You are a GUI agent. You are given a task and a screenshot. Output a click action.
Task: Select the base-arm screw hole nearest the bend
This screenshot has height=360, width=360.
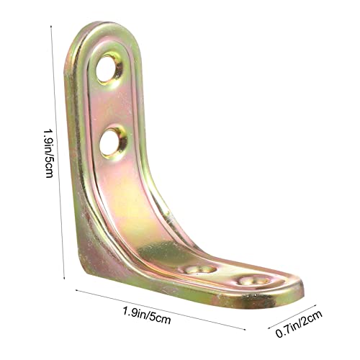(201, 269)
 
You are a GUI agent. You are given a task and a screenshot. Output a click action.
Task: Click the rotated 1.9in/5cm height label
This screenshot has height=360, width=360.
(48, 153)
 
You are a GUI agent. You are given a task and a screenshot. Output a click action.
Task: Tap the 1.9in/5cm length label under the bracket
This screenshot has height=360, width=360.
(147, 315)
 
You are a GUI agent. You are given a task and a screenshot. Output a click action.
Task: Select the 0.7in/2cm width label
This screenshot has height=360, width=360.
(299, 323)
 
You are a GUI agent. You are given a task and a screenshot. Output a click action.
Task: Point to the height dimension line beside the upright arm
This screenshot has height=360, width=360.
(58, 152)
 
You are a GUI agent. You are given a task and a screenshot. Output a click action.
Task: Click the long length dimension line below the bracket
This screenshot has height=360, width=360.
(161, 310)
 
